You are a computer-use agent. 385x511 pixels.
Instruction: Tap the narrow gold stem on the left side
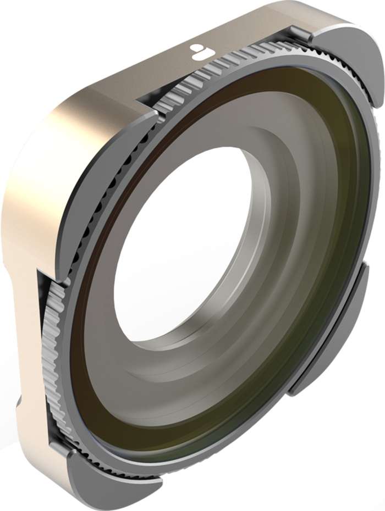(25, 330)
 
